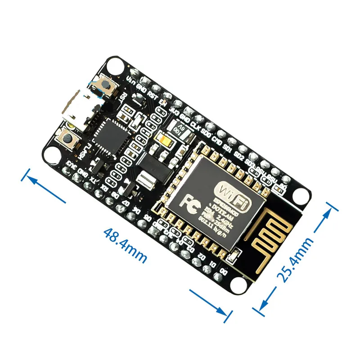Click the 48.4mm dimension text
[125, 246]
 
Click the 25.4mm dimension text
[297, 259]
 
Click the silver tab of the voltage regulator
[146, 182]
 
